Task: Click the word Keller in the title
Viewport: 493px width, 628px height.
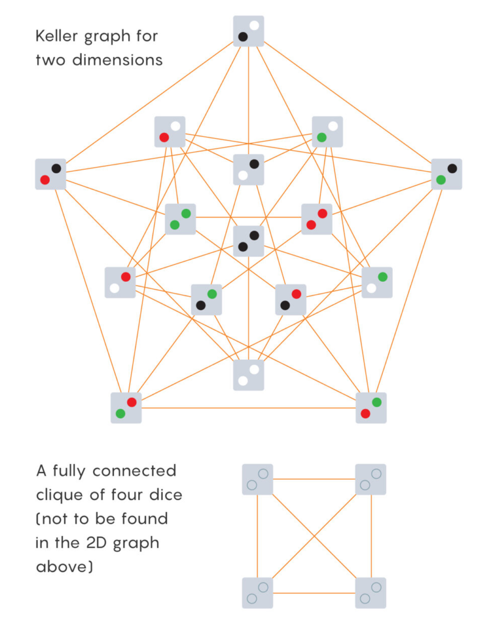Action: tap(57, 36)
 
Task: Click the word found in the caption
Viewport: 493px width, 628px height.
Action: tap(144, 519)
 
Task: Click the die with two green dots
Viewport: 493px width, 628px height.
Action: tap(180, 219)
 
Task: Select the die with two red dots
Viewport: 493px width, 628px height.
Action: tap(317, 219)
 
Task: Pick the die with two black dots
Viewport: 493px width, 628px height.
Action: tap(248, 241)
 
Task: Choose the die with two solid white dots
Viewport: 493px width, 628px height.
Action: tap(248, 375)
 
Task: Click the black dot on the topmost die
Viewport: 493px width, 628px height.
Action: tap(243, 37)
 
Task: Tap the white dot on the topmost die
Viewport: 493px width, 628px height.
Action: tap(254, 26)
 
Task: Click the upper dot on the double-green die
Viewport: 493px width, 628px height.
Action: tap(186, 214)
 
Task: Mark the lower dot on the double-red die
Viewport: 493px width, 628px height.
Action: tap(311, 225)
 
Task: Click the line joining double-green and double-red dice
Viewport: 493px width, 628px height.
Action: tap(248, 217)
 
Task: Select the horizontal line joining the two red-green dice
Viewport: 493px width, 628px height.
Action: tap(248, 408)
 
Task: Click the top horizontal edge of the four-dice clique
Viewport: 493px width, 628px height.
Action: tap(314, 479)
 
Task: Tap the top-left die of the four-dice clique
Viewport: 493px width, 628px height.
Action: tap(258, 479)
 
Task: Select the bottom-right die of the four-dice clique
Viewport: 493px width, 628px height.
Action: tap(371, 593)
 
